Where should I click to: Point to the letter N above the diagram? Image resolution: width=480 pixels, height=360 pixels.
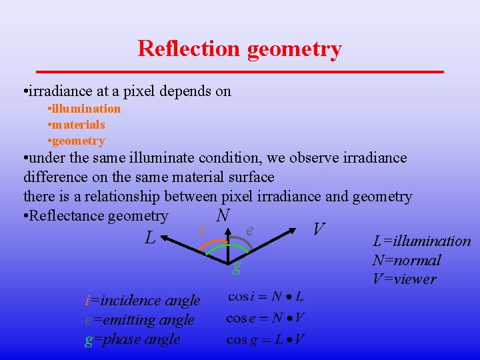[223, 215]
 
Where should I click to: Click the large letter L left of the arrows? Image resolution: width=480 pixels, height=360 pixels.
[151, 237]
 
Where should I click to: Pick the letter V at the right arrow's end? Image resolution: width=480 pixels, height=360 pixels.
[319, 230]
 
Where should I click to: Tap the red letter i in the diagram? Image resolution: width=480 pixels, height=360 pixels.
[201, 230]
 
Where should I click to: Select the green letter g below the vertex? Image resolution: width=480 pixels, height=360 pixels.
[236, 269]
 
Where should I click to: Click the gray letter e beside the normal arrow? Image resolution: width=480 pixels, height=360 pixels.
[249, 229]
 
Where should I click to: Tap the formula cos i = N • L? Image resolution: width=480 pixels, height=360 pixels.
[265, 297]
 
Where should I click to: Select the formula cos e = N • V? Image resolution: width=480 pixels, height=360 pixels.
[265, 318]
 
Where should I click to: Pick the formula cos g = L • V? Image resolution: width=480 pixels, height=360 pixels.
[265, 340]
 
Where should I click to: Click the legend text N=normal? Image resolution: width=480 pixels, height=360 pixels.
[407, 260]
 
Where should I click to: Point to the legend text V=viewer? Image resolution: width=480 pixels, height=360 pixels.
[405, 279]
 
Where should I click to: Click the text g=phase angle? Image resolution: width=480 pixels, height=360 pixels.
[133, 339]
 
